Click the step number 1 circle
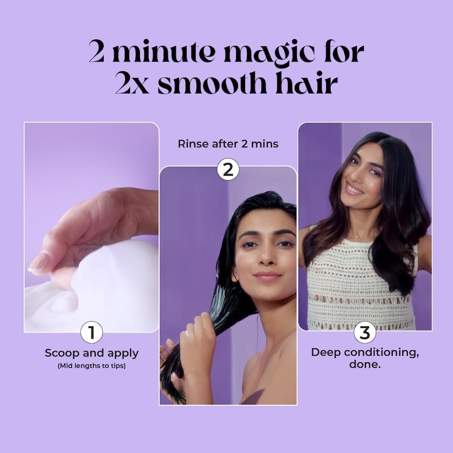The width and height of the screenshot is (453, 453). pyautogui.click(x=92, y=333)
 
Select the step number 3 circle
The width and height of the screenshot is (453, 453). pyautogui.click(x=365, y=333)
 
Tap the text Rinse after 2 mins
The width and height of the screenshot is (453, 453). pyautogui.click(x=228, y=144)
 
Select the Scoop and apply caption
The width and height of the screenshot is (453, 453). pyautogui.click(x=92, y=353)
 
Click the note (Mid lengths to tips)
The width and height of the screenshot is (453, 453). pyautogui.click(x=92, y=366)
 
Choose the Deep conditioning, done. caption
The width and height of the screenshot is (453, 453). pyautogui.click(x=365, y=358)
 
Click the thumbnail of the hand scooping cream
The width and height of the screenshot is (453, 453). pyautogui.click(x=92, y=226)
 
